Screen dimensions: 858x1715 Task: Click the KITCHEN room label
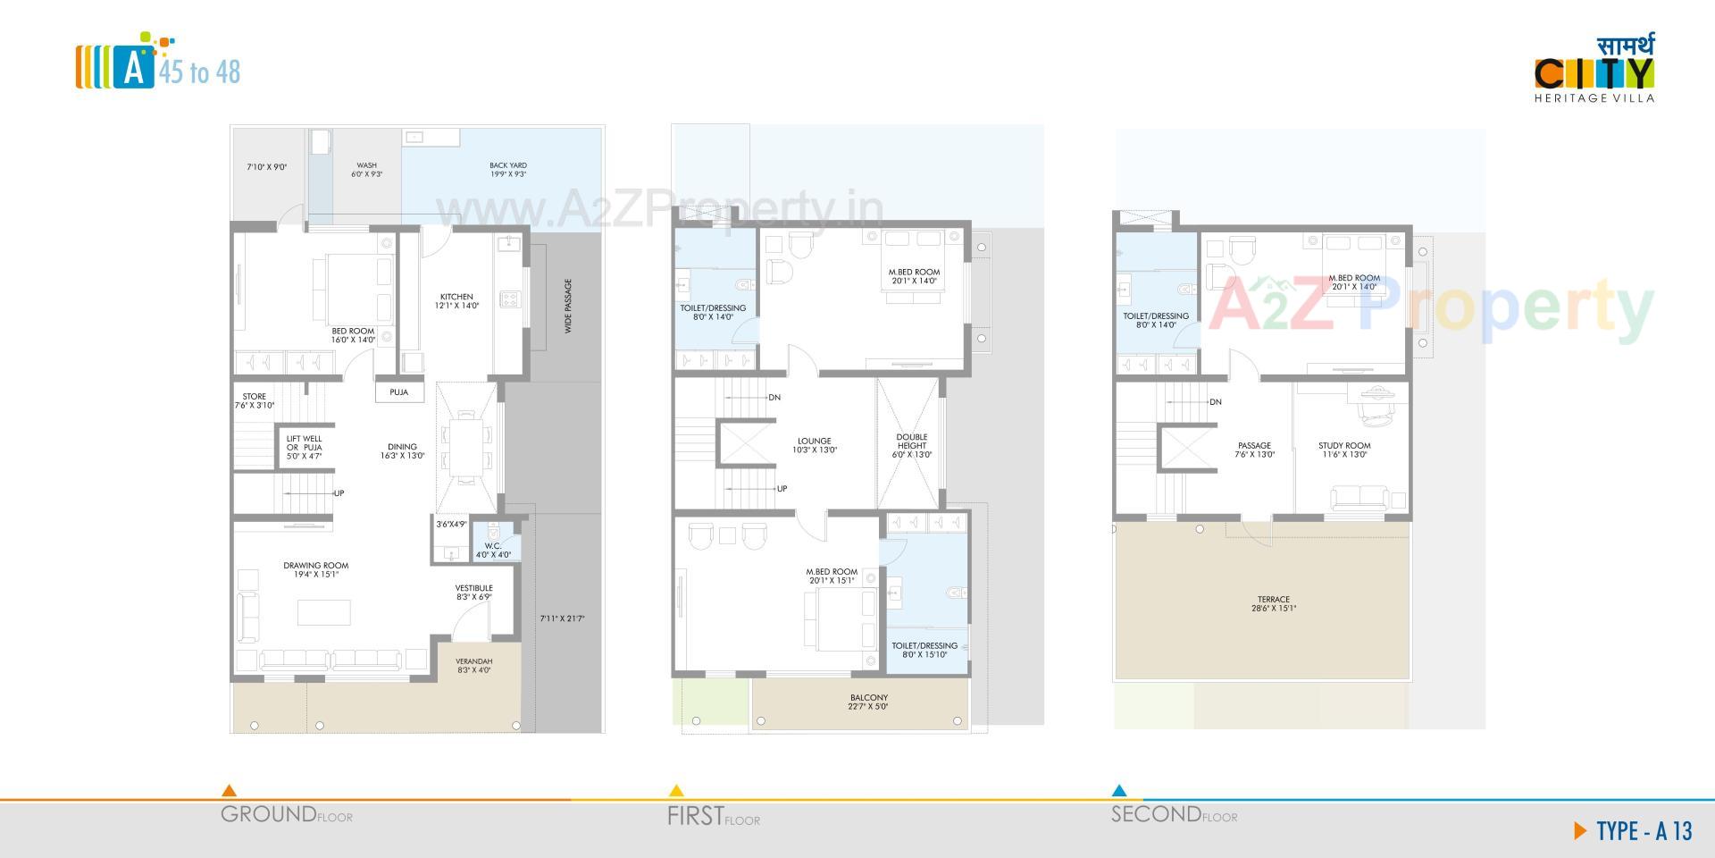point(456,297)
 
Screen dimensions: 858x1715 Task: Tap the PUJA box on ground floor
point(398,392)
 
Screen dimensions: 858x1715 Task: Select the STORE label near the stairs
point(254,397)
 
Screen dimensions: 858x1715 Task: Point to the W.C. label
point(492,546)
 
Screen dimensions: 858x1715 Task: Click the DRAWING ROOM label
point(316,566)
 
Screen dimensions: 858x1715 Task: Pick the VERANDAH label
point(474,662)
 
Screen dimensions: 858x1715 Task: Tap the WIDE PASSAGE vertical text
point(568,307)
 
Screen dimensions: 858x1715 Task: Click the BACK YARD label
point(507,165)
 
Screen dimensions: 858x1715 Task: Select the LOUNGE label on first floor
point(814,441)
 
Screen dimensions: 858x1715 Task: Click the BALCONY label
point(868,698)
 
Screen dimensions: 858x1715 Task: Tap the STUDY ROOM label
point(1343,446)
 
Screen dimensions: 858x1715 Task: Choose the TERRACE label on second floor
point(1273,600)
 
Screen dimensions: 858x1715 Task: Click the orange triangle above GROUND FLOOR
point(229,791)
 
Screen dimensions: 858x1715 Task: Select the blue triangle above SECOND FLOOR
point(1118,791)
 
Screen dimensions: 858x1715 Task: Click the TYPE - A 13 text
point(1644,831)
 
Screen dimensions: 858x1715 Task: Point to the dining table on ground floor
point(464,447)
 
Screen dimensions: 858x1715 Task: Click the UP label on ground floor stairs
point(339,493)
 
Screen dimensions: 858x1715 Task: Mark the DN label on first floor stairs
point(774,398)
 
